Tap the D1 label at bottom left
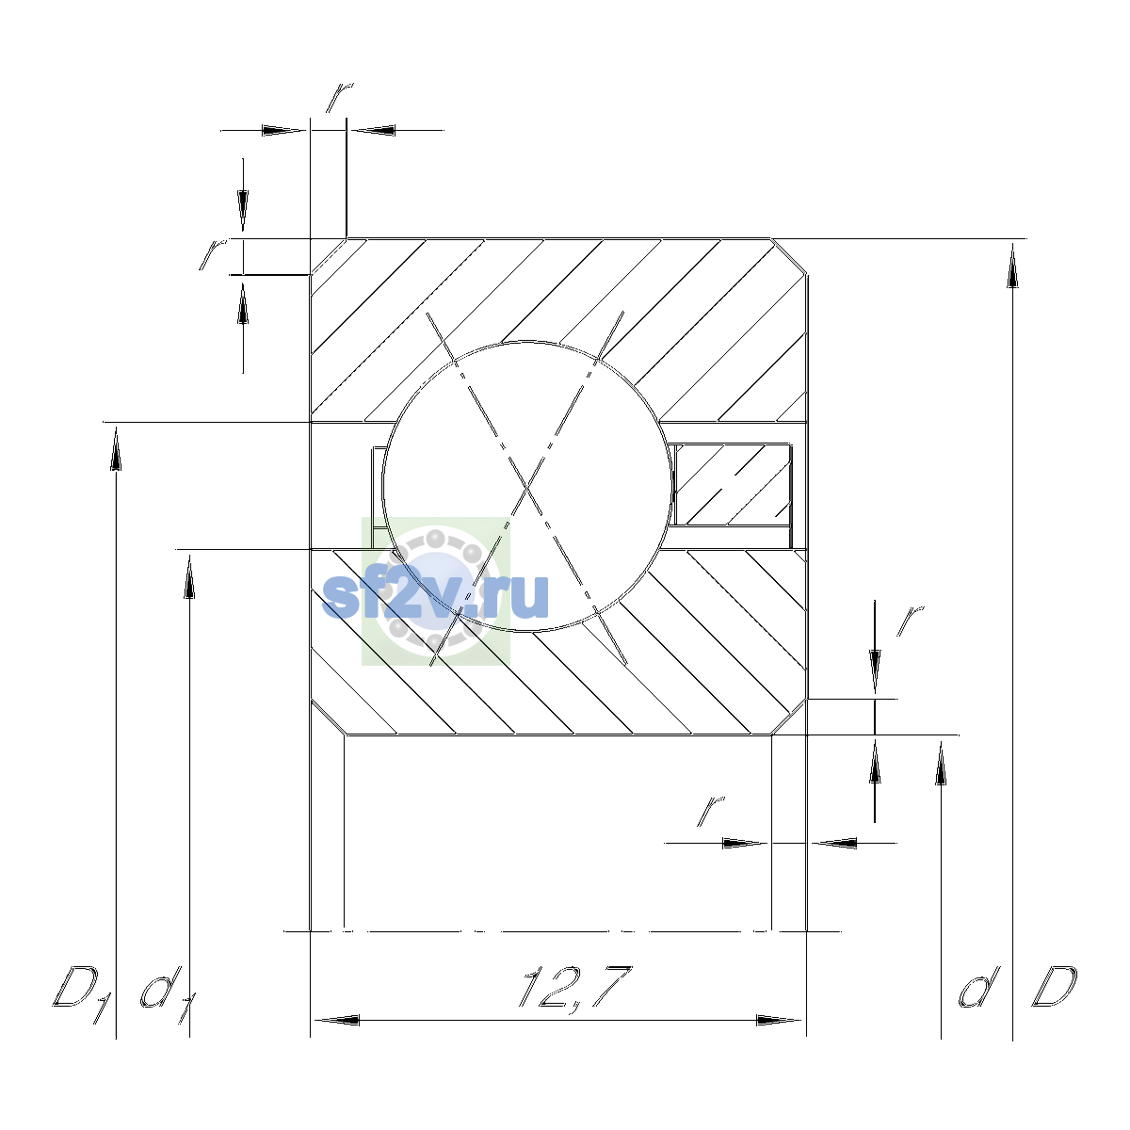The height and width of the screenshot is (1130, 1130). (82, 994)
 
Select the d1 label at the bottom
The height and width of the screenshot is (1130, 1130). (168, 995)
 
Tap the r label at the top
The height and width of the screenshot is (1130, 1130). (339, 97)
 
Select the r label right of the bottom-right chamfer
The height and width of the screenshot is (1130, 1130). (910, 621)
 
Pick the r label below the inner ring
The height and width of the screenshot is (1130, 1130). (710, 811)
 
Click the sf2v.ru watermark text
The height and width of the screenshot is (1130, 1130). (435, 596)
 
